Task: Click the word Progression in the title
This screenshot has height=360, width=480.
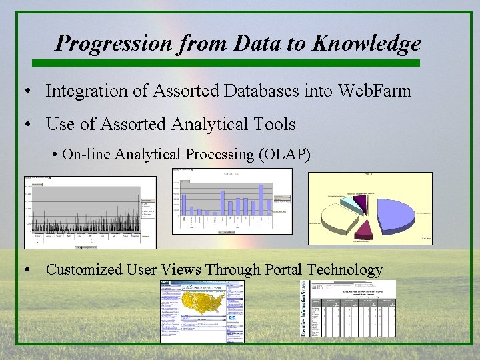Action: click(114, 43)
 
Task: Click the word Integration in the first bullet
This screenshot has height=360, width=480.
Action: click(85, 91)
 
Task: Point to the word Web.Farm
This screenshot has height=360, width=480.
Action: click(375, 91)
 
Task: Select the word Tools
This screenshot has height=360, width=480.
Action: click(275, 124)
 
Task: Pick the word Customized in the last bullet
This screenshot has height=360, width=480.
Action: click(84, 270)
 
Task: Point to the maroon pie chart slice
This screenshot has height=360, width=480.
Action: click(363, 230)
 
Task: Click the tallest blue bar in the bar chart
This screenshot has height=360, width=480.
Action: click(261, 199)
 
